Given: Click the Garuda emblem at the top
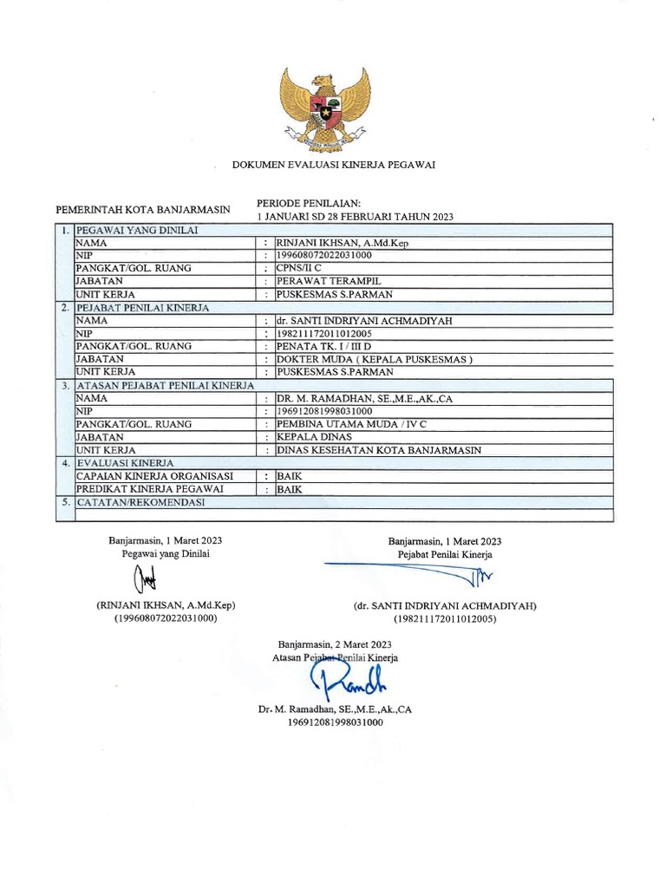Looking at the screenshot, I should pyautogui.click(x=324, y=108).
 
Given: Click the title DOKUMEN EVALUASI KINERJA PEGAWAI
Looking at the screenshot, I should pyautogui.click(x=333, y=164).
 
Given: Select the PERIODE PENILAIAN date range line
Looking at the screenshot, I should pyautogui.click(x=356, y=216).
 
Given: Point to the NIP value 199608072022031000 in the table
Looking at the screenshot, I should pyautogui.click(x=323, y=256).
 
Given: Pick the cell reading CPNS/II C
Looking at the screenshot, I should pyautogui.click(x=298, y=269).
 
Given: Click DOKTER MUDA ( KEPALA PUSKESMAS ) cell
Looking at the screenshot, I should pyautogui.click(x=375, y=359).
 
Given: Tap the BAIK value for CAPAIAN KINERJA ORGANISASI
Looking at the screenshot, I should pyautogui.click(x=289, y=476).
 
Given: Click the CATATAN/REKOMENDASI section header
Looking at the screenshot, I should pyautogui.click(x=140, y=502).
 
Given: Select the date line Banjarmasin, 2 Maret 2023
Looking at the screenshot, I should pyautogui.click(x=335, y=644).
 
